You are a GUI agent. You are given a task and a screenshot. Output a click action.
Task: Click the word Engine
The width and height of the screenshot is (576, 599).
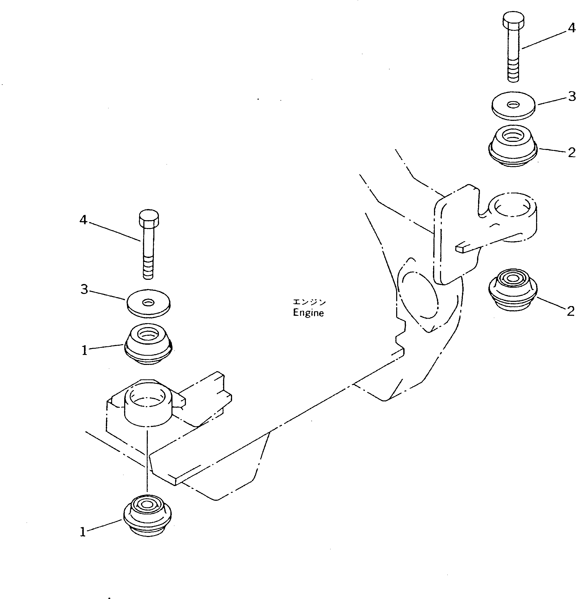[308, 313]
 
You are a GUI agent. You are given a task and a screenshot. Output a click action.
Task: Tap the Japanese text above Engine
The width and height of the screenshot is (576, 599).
[309, 302]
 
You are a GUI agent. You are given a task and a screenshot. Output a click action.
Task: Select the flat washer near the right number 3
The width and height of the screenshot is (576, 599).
[514, 106]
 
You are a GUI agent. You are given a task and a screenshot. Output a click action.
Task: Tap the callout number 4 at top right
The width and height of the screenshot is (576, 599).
[571, 28]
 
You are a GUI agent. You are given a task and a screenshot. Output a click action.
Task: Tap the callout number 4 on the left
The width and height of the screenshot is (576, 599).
[83, 220]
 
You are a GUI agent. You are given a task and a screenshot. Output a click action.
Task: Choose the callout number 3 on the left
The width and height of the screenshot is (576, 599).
[84, 289]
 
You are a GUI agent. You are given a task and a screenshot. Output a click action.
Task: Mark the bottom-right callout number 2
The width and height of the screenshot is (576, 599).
[570, 311]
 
